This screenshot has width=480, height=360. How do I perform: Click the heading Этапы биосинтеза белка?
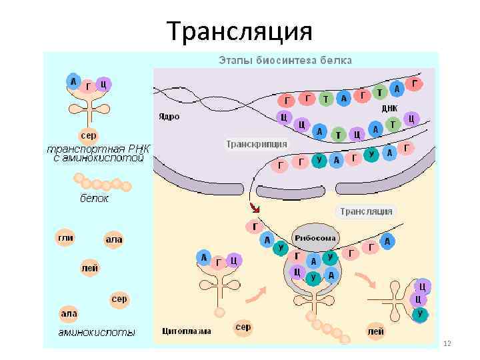285,61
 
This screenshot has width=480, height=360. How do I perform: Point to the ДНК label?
389,108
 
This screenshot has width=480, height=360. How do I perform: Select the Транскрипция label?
257,144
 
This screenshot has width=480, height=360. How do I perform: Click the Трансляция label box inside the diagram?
366,212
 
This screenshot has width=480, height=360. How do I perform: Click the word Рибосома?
315,238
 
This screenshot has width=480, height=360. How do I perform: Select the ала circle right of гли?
114,239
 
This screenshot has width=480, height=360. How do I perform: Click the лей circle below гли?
89,269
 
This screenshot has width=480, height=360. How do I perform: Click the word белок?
94,198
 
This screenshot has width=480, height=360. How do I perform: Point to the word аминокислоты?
97,331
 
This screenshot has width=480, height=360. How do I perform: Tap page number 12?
447,343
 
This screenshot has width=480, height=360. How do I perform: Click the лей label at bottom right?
375,330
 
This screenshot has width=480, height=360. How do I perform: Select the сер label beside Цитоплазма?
243,327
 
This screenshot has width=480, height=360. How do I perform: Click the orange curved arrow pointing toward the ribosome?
256,293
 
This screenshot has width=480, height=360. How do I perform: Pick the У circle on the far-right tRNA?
419,313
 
